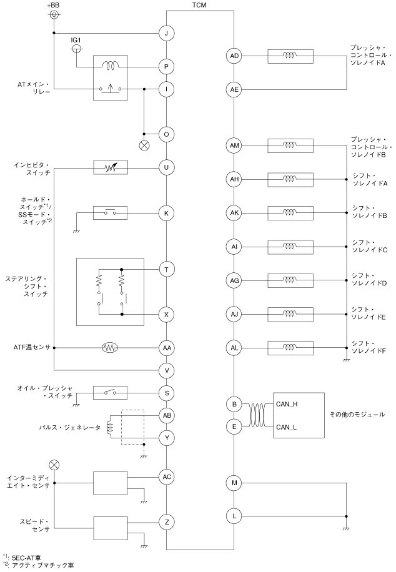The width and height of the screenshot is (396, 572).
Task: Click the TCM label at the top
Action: pos(200,5)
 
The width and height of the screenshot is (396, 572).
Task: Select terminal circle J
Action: pos(166,33)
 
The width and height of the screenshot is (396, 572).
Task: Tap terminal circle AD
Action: pos(234,56)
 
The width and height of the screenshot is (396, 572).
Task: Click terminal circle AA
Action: pos(166,347)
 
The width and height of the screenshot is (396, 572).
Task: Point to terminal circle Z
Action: pos(166,521)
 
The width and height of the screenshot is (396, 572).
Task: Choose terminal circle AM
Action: pos(234,145)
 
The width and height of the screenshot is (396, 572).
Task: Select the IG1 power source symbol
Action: pos(76,47)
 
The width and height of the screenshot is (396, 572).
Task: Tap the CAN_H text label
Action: pos(286,405)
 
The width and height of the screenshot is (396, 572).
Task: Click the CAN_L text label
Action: pos(286,427)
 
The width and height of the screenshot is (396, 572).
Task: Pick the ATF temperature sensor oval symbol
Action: pos(109,347)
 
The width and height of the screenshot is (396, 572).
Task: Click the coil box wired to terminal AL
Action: pos(289,347)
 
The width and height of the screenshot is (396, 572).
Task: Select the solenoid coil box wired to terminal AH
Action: pos(289,179)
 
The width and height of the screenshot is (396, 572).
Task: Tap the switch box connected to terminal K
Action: pos(111,213)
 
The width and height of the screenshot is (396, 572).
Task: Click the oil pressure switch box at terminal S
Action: pos(111,393)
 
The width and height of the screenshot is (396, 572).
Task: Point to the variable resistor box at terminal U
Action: pos(111,167)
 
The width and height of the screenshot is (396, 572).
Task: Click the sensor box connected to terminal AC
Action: pos(110,482)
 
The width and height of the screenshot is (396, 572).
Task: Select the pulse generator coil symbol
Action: pos(110,427)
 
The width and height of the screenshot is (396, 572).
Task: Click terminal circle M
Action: pos(234,482)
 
